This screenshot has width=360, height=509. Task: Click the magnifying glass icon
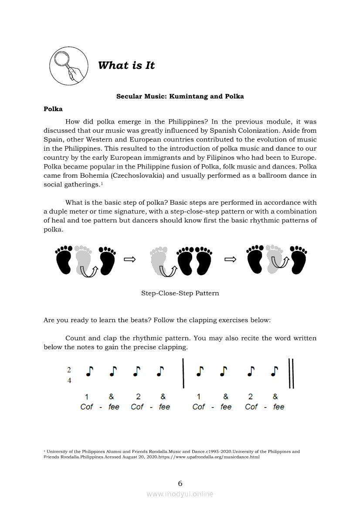click(66, 66)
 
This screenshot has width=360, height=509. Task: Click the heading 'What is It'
click(126, 65)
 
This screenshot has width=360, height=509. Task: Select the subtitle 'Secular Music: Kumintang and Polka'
click(180, 96)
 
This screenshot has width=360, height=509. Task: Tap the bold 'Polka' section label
click(53, 109)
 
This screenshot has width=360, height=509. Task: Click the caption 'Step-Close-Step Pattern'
click(180, 293)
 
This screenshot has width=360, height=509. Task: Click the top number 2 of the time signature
click(69, 370)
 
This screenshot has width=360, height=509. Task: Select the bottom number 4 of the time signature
click(69, 380)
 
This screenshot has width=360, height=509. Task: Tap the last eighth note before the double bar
click(275, 371)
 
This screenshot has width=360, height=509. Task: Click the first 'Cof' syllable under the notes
click(87, 407)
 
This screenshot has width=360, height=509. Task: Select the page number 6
click(180, 483)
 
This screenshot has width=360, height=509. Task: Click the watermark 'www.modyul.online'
click(180, 494)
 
